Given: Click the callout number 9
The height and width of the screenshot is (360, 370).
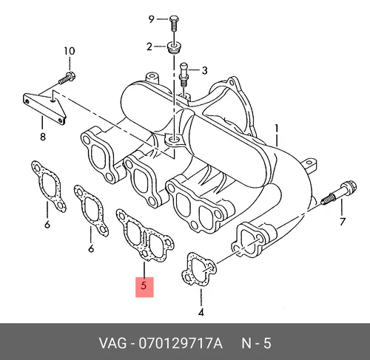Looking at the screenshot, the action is pos(151,19).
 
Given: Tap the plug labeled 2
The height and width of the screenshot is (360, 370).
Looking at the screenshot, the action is pos(174,47).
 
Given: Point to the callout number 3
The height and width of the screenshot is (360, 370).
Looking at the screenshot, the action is pos(204,71).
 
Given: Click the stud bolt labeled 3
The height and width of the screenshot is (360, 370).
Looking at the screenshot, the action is pos(184,75).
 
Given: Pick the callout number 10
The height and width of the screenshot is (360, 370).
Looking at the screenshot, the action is pos(70,51).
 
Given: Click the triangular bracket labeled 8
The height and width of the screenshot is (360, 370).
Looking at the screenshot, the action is pos(44,108).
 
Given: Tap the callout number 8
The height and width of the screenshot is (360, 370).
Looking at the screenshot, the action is pos(43,136).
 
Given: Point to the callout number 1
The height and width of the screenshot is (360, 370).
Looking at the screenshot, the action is pos(277,129).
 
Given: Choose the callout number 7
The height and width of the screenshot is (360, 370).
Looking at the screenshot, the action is pos(342,222).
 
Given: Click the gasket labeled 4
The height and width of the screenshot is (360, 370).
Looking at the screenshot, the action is pos(199,269).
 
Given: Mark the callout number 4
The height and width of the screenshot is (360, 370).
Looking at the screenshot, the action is pos(201,313).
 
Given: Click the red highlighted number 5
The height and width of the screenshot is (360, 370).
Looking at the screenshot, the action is pos(144,286).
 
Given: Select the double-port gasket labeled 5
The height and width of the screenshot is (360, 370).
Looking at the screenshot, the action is pos(145,235).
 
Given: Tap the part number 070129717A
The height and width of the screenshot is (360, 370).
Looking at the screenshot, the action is pos(181,343).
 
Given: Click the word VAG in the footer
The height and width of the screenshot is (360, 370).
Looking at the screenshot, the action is pos(113,343).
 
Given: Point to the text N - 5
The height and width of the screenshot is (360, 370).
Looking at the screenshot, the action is pos(256,343).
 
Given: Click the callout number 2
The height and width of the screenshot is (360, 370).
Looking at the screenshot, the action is pos(149,47).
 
